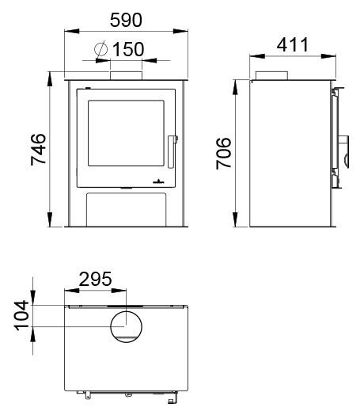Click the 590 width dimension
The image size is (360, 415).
[126, 20]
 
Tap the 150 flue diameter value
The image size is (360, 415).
[128, 49]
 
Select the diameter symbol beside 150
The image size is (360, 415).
[101, 49]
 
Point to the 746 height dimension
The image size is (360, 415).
[39, 150]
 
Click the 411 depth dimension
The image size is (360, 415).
[293, 44]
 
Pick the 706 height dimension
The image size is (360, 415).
[224, 153]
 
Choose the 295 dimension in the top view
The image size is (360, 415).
[96, 280]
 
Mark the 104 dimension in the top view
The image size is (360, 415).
[21, 315]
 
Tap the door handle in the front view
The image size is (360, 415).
[172, 152]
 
